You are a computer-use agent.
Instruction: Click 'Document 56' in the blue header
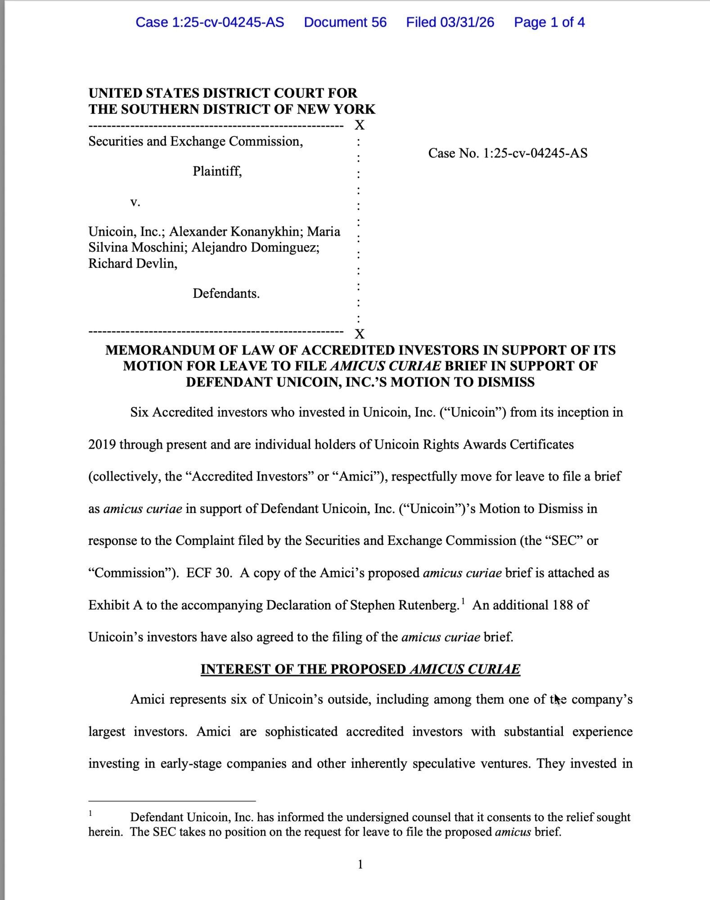click(x=345, y=22)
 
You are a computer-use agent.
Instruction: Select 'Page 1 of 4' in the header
click(x=549, y=22)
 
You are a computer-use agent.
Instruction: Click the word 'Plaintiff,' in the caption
click(x=217, y=171)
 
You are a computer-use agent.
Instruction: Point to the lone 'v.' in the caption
click(x=135, y=202)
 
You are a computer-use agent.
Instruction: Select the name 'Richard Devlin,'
click(x=133, y=263)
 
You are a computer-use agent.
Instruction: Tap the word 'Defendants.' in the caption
click(x=226, y=293)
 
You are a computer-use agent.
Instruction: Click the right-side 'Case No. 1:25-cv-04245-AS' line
click(x=508, y=153)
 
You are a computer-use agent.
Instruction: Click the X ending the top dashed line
click(x=359, y=125)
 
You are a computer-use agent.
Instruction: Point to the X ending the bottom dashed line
click(x=359, y=334)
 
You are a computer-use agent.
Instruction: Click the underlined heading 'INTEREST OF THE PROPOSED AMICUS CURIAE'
click(x=360, y=669)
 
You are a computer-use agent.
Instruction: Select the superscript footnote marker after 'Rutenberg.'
click(x=463, y=601)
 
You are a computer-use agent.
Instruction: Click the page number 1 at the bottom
click(x=360, y=864)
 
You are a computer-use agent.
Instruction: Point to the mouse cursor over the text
click(x=557, y=699)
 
